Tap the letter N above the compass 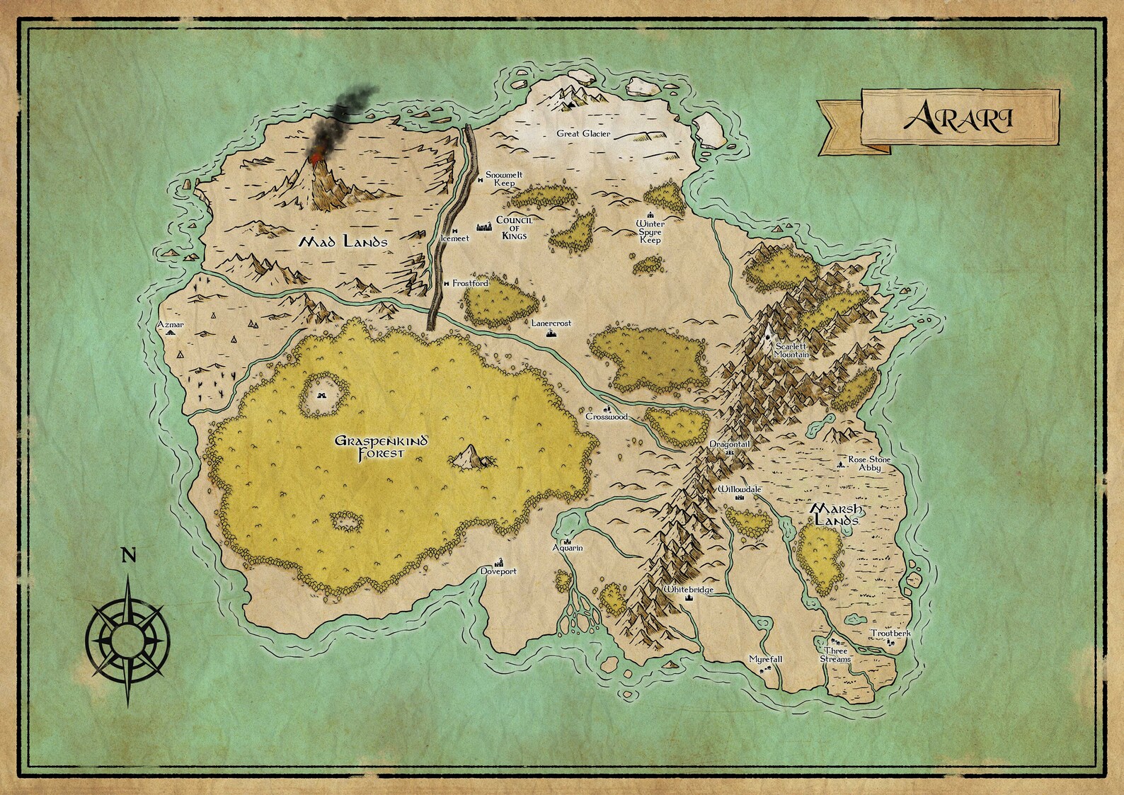click(128, 556)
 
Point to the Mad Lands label click(343, 242)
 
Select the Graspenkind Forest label click(381, 447)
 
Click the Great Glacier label click(583, 134)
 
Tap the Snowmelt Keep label click(504, 178)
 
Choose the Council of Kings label click(514, 228)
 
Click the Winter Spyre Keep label click(650, 232)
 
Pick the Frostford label click(471, 283)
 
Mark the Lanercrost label click(551, 323)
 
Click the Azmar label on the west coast click(171, 325)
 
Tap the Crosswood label click(607, 417)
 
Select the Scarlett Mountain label click(791, 350)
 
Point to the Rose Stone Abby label click(869, 464)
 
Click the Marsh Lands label click(836, 515)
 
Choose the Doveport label click(498, 571)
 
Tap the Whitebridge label click(688, 590)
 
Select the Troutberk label click(890, 634)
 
